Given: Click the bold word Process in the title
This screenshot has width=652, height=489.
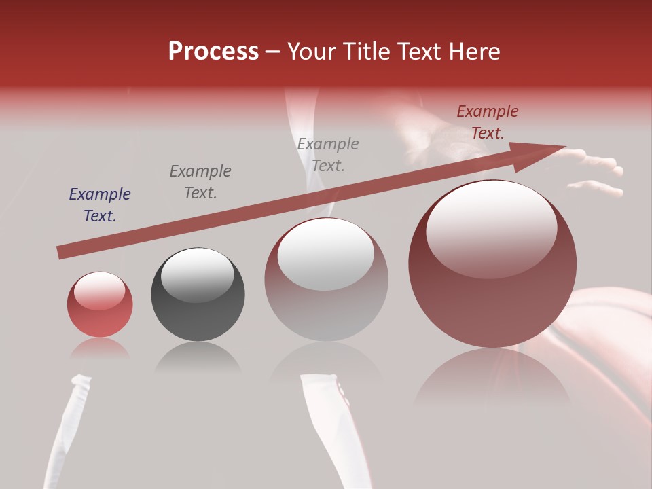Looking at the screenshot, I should tap(213, 52).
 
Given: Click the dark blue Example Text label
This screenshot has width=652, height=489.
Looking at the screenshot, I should tap(100, 205).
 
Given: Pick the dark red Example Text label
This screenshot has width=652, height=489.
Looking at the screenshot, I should tap(488, 122).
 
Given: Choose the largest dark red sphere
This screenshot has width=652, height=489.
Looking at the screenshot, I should tap(492, 285).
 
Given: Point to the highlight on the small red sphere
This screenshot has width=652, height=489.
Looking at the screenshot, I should tap(99, 291).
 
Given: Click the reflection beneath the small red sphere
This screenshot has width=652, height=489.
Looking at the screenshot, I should tap(100, 348).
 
